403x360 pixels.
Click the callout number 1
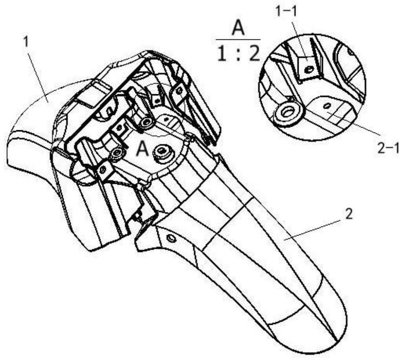coord(26,43)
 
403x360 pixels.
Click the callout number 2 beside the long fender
coord(348,215)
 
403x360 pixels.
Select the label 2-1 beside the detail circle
coord(387,148)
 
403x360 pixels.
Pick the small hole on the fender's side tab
coord(171,239)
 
